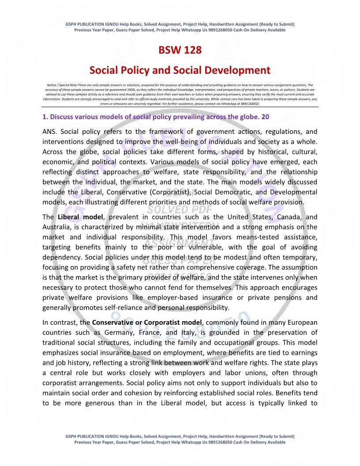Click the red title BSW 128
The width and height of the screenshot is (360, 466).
tap(180, 50)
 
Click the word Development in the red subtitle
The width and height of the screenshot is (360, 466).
tap(240, 70)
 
